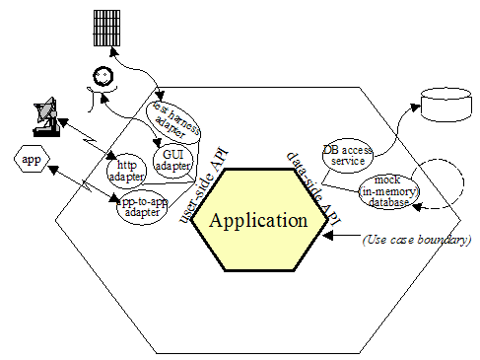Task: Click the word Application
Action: point(259,220)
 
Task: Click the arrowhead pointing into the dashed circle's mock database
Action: point(418,207)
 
